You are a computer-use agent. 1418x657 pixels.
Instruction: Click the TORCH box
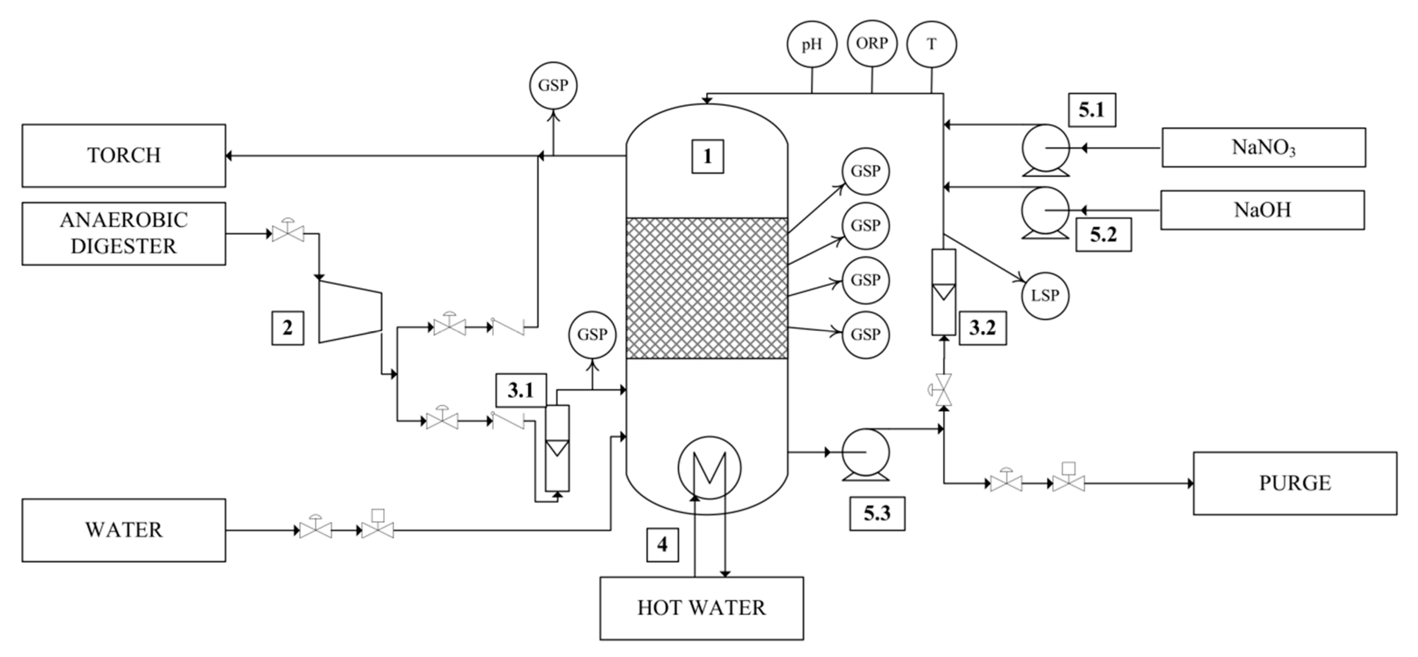123,155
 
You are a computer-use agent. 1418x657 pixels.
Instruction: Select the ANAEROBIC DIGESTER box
123,233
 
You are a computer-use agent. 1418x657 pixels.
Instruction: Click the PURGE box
1294,483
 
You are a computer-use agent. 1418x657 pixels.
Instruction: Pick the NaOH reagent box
1262,210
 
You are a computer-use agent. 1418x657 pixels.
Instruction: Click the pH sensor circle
811,44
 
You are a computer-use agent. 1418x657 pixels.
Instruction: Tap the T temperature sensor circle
931,44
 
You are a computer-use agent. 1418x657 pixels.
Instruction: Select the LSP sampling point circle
1044,296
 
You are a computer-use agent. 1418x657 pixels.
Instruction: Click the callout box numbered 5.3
876,513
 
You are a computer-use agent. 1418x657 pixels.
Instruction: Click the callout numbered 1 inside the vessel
707,156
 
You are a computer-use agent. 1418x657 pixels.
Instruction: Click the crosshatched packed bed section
707,288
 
